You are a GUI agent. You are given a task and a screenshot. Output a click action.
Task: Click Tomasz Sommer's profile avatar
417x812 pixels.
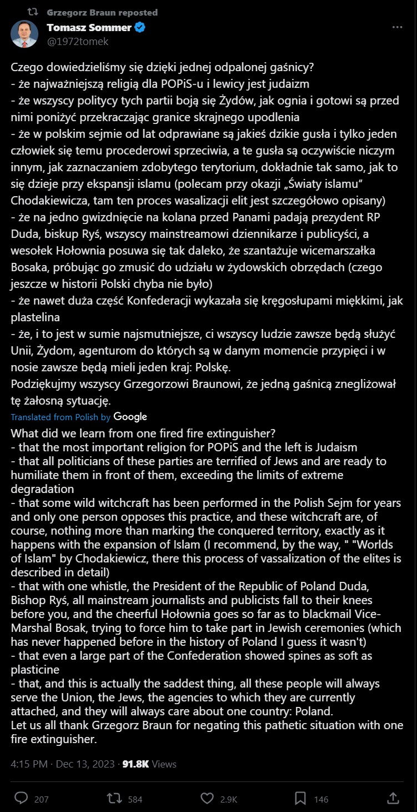(24, 34)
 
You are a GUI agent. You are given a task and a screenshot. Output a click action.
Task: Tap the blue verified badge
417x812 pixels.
(140, 27)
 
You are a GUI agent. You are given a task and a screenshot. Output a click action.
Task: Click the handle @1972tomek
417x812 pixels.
(77, 41)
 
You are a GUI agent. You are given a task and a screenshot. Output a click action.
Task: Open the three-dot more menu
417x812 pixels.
(397, 27)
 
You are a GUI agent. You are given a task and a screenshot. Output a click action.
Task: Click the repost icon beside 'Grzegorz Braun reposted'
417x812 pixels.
(33, 12)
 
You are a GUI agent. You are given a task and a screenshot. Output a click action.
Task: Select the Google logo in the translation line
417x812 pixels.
(130, 416)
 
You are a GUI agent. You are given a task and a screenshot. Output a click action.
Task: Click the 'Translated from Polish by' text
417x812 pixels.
(61, 417)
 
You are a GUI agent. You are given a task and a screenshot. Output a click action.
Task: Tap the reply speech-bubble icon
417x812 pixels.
(21, 798)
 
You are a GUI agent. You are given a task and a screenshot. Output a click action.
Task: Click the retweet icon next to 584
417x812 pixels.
(114, 798)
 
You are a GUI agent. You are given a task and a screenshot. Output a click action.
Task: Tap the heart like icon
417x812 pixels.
(207, 798)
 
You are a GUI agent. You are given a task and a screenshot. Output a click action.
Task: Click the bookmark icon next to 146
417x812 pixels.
(300, 798)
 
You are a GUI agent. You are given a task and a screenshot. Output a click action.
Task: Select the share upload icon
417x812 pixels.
(393, 798)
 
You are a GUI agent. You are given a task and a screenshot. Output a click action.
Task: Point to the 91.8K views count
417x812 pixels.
(135, 764)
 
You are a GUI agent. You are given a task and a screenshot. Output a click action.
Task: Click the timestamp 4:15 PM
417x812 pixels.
(29, 764)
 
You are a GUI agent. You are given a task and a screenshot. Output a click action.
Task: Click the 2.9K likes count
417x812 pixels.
(229, 799)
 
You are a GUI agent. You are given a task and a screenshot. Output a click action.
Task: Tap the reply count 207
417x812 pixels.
(42, 799)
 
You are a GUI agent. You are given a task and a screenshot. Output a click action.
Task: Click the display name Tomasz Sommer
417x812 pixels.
(89, 27)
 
